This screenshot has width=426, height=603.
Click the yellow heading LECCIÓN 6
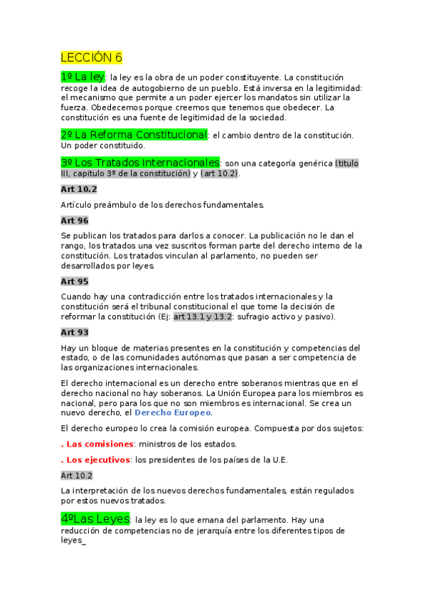[x=92, y=58]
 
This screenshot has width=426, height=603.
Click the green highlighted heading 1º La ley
[x=83, y=76]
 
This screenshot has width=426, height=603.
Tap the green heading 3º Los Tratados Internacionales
[x=141, y=163]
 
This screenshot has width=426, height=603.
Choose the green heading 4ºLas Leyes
[x=96, y=520]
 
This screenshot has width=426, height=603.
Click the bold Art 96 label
[x=75, y=221]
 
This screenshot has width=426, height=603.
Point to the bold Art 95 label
[x=75, y=282]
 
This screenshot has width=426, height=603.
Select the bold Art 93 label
[x=75, y=332]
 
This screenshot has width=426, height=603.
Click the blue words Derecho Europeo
[x=173, y=412]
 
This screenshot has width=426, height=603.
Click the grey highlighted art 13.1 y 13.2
[x=203, y=316]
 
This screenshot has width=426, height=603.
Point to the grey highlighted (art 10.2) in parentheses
[x=220, y=174]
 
